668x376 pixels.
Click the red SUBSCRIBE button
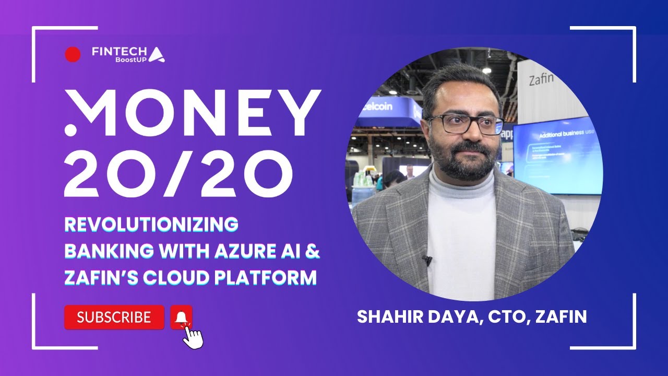(x=114, y=318)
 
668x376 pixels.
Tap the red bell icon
(x=181, y=317)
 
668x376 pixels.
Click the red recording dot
(x=73, y=54)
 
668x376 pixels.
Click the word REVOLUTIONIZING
(x=151, y=225)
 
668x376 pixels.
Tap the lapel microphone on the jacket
(x=426, y=260)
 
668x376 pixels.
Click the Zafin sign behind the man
(x=541, y=80)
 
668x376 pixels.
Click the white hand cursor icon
(x=193, y=336)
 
